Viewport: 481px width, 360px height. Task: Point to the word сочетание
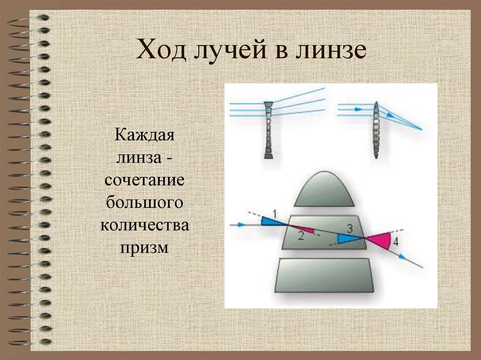(145, 181)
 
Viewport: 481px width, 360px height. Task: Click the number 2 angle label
(301, 237)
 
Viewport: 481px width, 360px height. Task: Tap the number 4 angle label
(396, 242)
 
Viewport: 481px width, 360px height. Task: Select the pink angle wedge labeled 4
(380, 241)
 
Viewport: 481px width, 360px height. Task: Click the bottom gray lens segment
(324, 276)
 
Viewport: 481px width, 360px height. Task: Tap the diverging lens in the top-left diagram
(269, 129)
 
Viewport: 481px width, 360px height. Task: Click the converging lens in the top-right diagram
(376, 130)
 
